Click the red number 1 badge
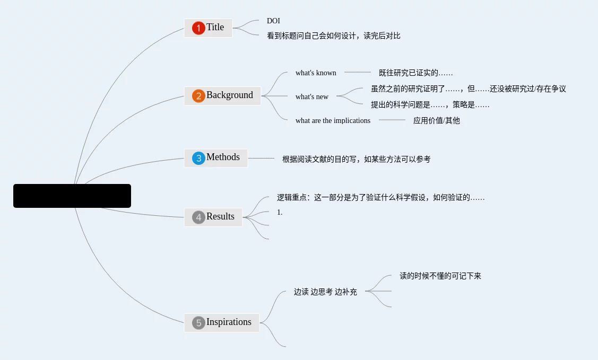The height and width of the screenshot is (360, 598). [198, 28]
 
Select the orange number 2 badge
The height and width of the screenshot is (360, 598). [198, 96]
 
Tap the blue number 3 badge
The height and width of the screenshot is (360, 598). [198, 158]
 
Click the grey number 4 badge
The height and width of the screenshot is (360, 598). [198, 217]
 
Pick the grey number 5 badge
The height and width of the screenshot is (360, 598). [198, 323]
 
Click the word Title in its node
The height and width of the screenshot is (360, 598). [215, 28]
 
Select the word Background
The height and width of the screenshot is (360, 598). [230, 95]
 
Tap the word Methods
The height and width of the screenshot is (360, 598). [223, 157]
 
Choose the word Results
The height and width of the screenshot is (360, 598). [220, 217]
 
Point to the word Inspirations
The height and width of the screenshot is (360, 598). [229, 322]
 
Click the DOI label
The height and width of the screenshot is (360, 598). [273, 21]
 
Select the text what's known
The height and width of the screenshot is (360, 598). [316, 73]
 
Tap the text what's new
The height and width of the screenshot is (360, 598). [312, 97]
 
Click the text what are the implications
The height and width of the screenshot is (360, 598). [333, 121]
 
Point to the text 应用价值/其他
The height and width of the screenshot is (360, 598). [437, 121]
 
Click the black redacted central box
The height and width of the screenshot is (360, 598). [72, 196]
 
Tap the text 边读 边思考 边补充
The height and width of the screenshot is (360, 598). [325, 292]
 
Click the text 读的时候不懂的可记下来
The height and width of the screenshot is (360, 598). [440, 276]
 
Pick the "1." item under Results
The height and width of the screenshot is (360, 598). [280, 213]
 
